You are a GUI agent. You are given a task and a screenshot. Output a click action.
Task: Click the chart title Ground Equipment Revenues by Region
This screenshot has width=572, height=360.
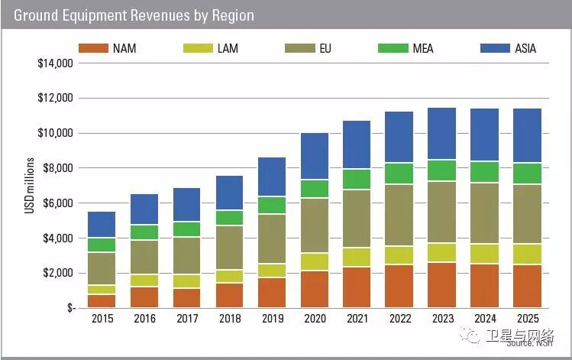click(x=134, y=15)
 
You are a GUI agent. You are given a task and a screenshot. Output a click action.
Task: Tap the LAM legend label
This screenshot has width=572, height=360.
click(x=228, y=48)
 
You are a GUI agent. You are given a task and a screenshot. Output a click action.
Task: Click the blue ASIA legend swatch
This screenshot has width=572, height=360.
click(x=494, y=48)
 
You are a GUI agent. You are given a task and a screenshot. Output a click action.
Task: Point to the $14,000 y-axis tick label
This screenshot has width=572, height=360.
click(x=54, y=63)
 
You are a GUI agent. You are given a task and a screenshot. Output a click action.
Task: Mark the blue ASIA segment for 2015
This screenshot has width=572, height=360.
click(x=102, y=225)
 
